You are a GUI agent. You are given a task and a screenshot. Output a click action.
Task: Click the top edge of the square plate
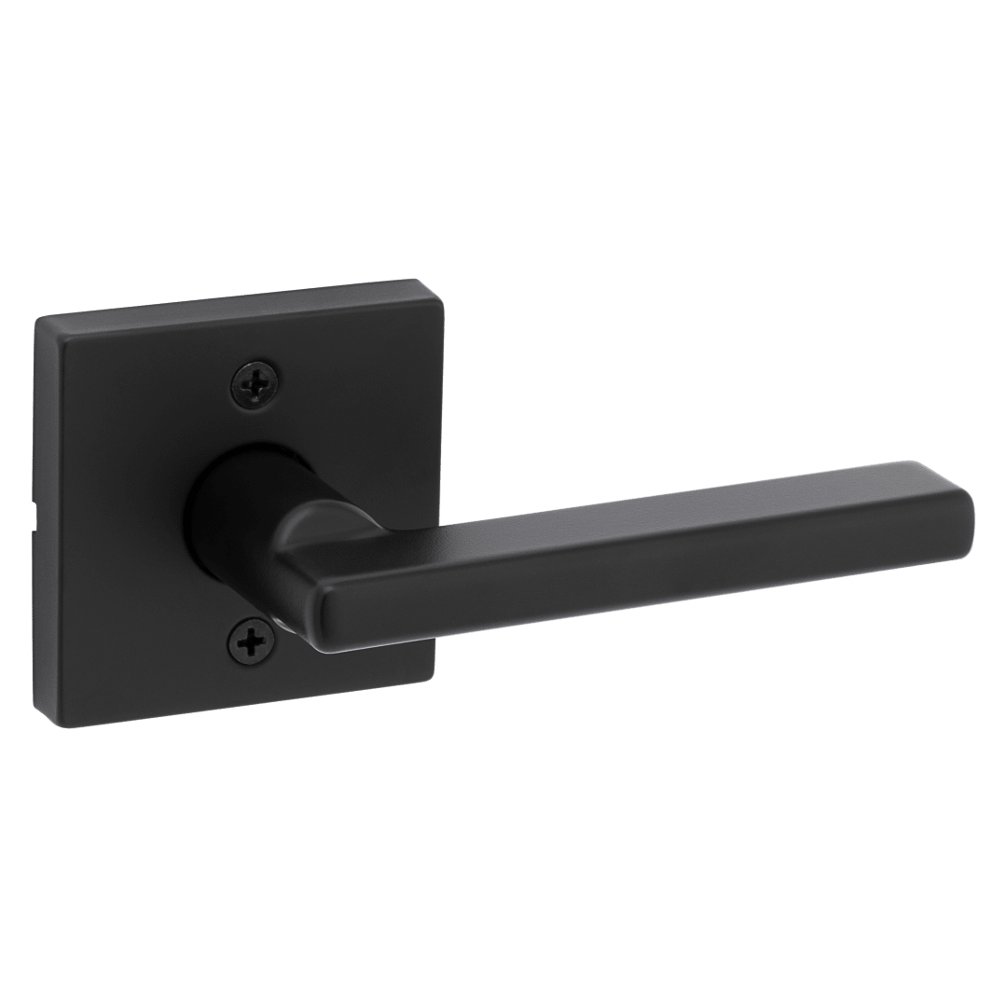(224, 300)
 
